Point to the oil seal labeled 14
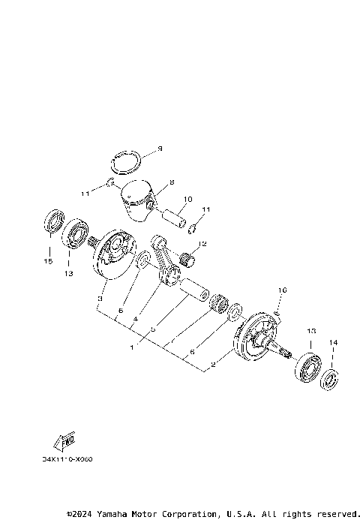coord(329,378)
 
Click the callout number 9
coord(158,149)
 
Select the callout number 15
coord(48,261)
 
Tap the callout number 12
coord(202,243)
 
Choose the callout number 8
coord(171,182)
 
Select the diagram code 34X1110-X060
coord(73,459)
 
